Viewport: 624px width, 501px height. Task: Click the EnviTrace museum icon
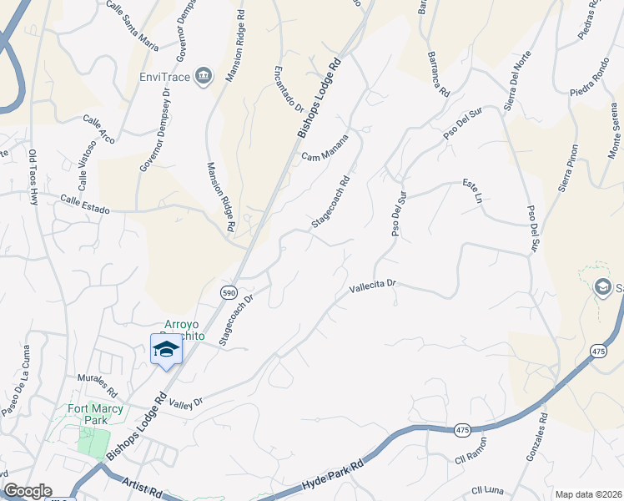(203, 78)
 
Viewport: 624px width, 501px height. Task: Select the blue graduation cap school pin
(166, 349)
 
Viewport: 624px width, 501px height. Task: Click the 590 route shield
(229, 291)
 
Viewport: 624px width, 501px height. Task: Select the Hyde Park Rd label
(334, 472)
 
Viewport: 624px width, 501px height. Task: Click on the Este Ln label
(473, 190)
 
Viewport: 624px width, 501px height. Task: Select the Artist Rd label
(140, 486)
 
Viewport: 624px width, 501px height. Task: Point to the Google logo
(28, 491)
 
